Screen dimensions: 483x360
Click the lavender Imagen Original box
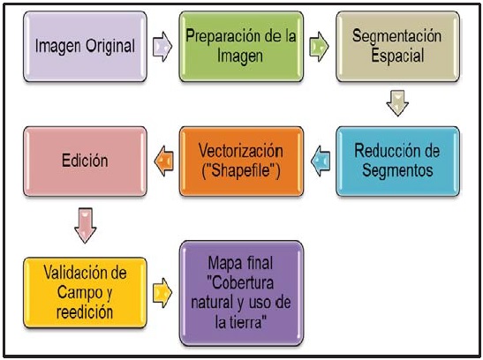(85, 47)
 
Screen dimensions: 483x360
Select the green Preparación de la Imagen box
(241, 47)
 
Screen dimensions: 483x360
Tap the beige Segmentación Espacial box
(397, 47)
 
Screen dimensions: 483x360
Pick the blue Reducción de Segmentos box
(397, 161)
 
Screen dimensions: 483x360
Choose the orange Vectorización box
(241, 161)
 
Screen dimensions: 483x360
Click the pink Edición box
(85, 161)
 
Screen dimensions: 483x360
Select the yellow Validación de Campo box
(85, 293)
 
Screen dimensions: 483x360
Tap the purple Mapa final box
(241, 293)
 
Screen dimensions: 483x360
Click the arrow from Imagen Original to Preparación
(162, 47)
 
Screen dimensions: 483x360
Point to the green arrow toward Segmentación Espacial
(319, 47)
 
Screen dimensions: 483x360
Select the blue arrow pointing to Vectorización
(321, 161)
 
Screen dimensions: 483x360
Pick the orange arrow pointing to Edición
(164, 161)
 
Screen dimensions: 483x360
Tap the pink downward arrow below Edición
(86, 226)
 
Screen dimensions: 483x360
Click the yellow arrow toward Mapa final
(162, 293)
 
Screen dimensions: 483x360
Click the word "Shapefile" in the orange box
(241, 170)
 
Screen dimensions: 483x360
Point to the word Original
(110, 47)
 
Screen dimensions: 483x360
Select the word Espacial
(397, 56)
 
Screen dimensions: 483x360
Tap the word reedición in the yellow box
(85, 312)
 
